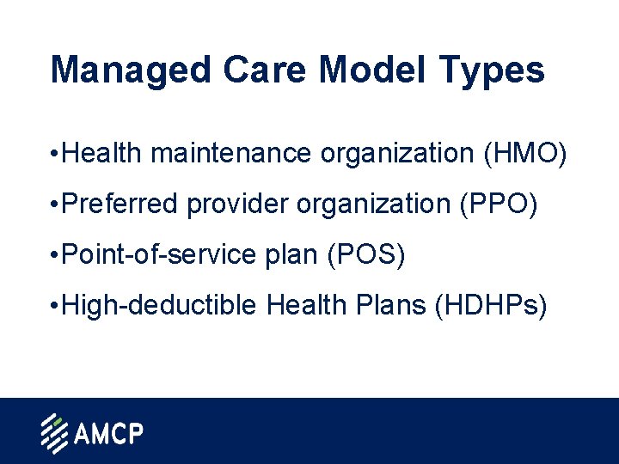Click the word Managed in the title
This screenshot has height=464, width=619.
point(128,71)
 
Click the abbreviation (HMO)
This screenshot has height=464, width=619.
point(525,155)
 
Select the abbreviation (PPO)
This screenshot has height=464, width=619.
point(498,205)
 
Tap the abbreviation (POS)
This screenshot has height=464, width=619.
point(365,256)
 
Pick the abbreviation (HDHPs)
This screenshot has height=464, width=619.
point(491,306)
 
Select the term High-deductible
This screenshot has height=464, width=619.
point(159,306)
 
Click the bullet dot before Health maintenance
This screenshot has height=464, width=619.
point(54,156)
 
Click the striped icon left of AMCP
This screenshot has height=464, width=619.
point(54,433)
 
